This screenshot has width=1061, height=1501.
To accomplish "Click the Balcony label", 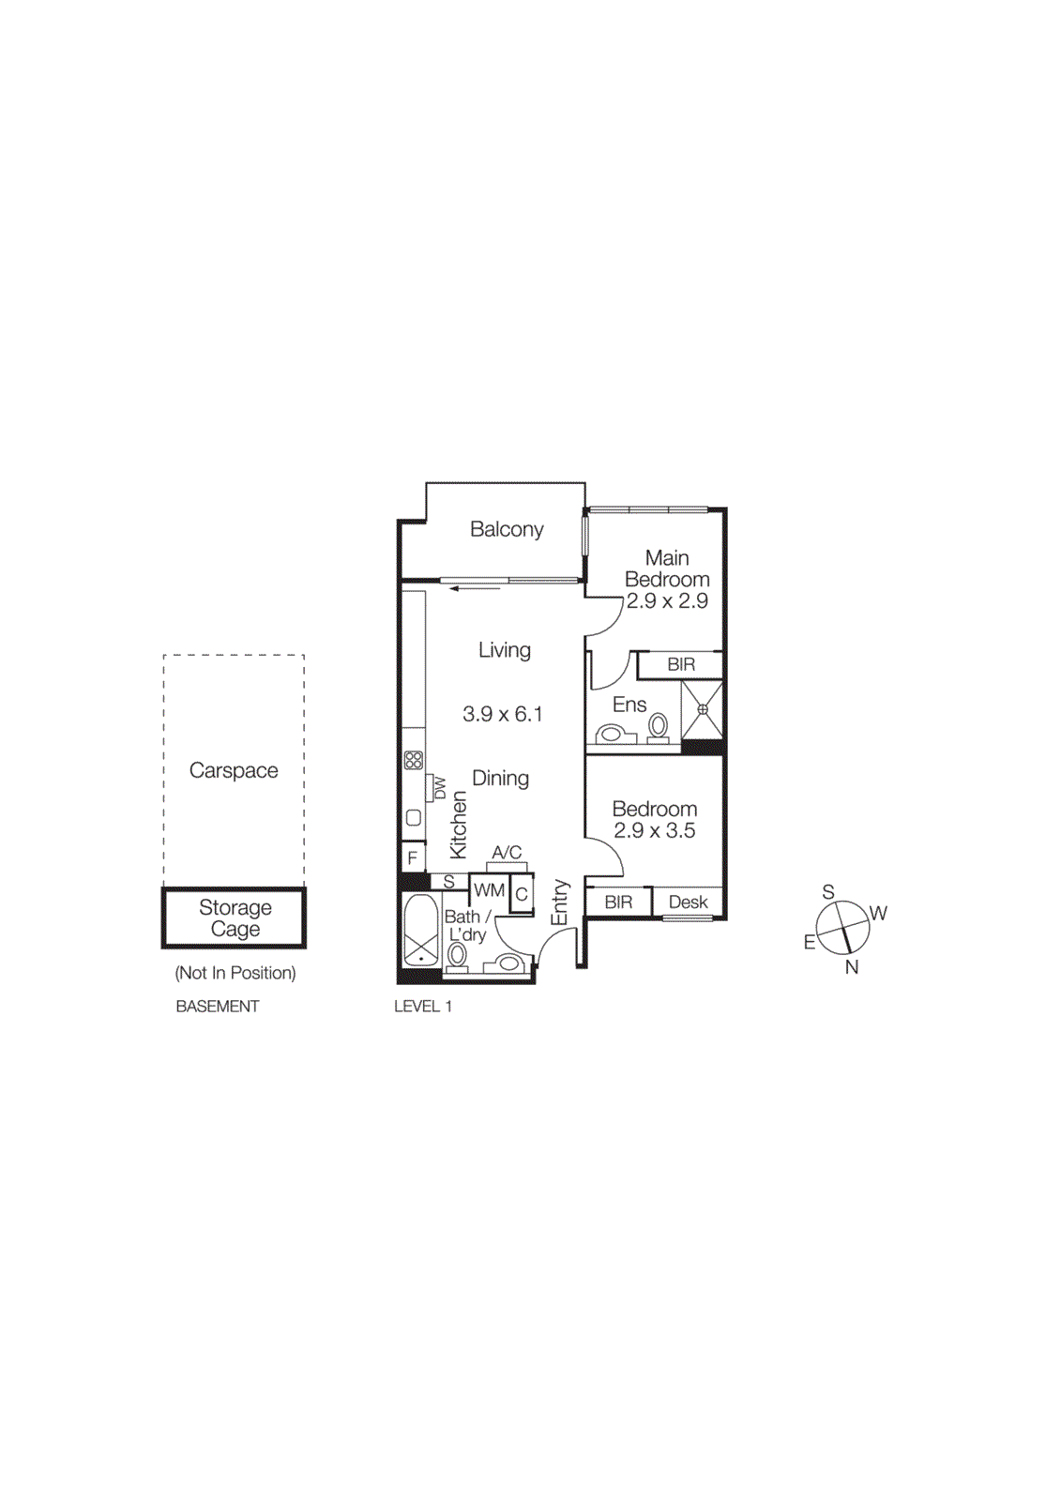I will tap(507, 529).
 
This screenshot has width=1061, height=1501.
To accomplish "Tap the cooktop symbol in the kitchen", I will tap(413, 760).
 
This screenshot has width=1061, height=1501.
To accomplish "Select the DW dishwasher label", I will tap(439, 787).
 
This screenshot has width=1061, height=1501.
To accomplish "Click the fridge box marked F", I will tap(412, 858).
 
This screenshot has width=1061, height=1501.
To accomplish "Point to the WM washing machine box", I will tap(489, 890).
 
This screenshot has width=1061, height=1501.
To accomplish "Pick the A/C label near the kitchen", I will tap(507, 853).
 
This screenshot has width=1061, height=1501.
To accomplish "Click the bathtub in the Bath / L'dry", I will tap(420, 929).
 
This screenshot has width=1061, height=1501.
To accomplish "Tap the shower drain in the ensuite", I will tap(703, 710).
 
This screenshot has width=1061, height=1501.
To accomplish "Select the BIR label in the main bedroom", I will tap(681, 664).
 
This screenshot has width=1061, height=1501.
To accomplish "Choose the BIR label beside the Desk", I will tap(618, 902).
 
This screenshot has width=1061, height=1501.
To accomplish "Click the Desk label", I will tap(688, 902).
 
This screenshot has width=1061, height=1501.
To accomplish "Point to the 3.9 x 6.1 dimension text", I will tap(503, 714).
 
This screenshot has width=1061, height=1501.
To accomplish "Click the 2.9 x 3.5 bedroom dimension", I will tap(655, 830).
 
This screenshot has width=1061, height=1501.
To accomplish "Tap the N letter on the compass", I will tap(852, 967).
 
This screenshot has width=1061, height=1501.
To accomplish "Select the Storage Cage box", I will tap(235, 918).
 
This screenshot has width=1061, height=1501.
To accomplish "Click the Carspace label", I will tap(234, 770).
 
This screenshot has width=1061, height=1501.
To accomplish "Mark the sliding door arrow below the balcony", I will tap(475, 589).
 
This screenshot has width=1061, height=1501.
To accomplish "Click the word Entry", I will tap(560, 902).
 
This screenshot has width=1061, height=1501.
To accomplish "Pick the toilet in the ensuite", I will tap(659, 725).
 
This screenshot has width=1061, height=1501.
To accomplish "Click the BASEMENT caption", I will tap(218, 1007).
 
